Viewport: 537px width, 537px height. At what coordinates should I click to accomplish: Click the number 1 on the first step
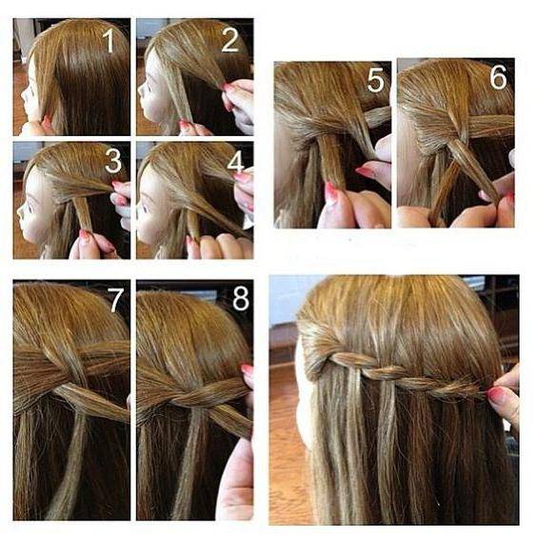[109, 41]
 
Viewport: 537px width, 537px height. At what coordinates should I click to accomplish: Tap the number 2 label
[229, 40]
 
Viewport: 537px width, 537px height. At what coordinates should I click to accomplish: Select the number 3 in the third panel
[113, 161]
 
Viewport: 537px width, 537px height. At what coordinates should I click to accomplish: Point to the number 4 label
[235, 161]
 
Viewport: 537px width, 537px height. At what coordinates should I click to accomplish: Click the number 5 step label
[376, 80]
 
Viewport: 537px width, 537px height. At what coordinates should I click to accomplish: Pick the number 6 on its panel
[498, 77]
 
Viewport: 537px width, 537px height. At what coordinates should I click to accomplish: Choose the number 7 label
[115, 300]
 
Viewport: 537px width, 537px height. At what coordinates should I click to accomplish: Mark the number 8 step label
[241, 298]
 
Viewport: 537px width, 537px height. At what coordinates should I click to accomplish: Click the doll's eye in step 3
[29, 208]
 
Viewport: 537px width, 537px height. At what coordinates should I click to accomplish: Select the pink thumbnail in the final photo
[495, 395]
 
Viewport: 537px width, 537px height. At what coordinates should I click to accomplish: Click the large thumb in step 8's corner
[235, 480]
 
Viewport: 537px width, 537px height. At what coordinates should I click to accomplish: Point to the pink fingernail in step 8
[247, 369]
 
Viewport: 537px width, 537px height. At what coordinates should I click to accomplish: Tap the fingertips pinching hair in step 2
[228, 91]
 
